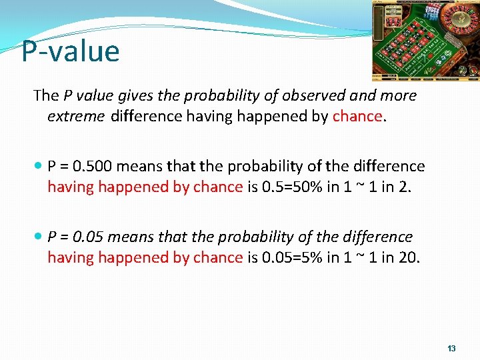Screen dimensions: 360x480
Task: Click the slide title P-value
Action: click(70, 51)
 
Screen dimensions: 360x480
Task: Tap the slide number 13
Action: click(451, 349)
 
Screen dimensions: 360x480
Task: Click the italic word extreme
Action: click(75, 117)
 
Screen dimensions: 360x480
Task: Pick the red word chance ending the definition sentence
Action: click(357, 117)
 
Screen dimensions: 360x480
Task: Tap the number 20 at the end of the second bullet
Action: click(409, 257)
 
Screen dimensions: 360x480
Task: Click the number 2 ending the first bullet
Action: click(406, 187)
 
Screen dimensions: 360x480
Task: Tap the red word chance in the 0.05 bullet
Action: click(217, 257)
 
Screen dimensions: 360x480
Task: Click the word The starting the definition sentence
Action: click(45, 95)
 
